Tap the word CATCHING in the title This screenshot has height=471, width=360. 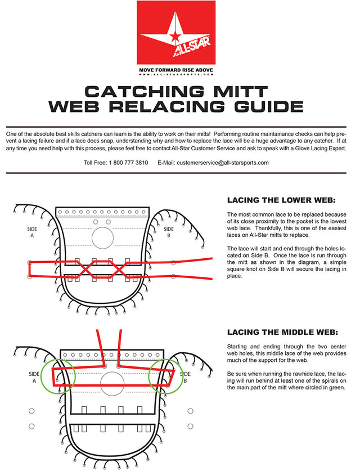146,91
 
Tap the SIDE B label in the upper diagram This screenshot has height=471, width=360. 169,232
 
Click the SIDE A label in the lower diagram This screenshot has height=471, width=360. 34,376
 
